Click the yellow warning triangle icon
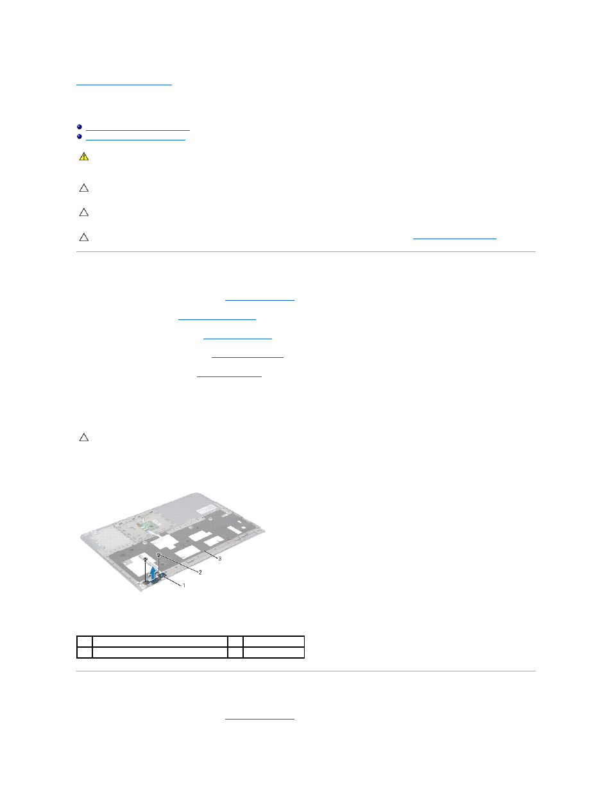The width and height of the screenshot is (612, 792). coord(84,156)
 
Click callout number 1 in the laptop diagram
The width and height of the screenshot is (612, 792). coord(184,586)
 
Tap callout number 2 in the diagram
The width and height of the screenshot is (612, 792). coord(200,572)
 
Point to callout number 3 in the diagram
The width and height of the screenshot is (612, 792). coord(220,559)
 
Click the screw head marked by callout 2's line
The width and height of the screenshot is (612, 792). coord(159,555)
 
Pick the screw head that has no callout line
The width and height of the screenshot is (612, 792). coord(146,559)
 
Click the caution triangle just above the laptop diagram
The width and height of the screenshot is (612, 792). coord(84,437)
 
